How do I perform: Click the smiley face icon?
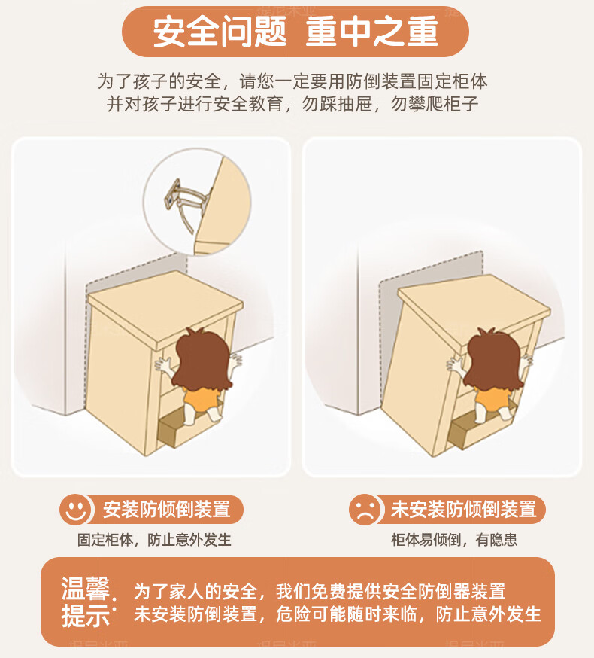[x=75, y=510]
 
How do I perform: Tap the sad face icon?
[x=365, y=510]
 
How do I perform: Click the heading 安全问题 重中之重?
[x=295, y=32]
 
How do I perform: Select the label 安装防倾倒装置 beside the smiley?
[x=167, y=510]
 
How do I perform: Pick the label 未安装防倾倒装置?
[x=464, y=510]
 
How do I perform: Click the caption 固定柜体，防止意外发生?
[x=154, y=540]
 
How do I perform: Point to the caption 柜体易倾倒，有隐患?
[x=454, y=540]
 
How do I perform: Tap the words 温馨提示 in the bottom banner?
[x=86, y=602]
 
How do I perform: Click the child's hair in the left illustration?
[x=202, y=360]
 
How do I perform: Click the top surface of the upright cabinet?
[x=165, y=309]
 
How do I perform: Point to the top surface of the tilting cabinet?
[x=474, y=308]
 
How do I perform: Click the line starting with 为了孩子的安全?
[x=292, y=81]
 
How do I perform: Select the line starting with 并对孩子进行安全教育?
[x=292, y=104]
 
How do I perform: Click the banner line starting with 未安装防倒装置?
[x=338, y=614]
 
